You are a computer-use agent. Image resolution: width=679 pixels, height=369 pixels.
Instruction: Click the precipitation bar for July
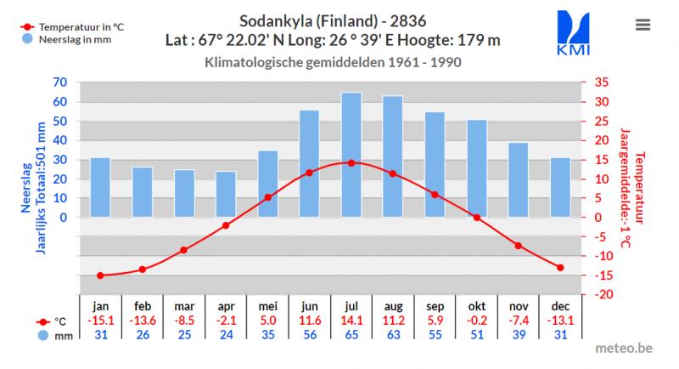pyautogui.click(x=351, y=155)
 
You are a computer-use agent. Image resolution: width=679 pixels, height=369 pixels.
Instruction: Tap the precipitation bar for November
pyautogui.click(x=519, y=179)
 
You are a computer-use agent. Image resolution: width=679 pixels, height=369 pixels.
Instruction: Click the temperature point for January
pyautogui.click(x=100, y=275)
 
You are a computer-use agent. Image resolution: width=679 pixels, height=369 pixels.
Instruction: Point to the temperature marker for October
pyautogui.click(x=477, y=218)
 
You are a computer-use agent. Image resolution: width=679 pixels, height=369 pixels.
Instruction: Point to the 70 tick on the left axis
pyautogui.click(x=59, y=82)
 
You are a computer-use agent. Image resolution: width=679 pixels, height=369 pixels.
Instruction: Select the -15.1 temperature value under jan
pyautogui.click(x=100, y=321)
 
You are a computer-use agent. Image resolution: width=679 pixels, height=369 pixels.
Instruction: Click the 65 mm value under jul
pyautogui.click(x=351, y=335)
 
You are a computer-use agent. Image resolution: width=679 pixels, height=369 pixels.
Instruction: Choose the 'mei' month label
pyautogui.click(x=267, y=306)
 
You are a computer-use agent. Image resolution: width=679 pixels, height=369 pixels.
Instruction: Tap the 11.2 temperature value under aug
pyautogui.click(x=393, y=321)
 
